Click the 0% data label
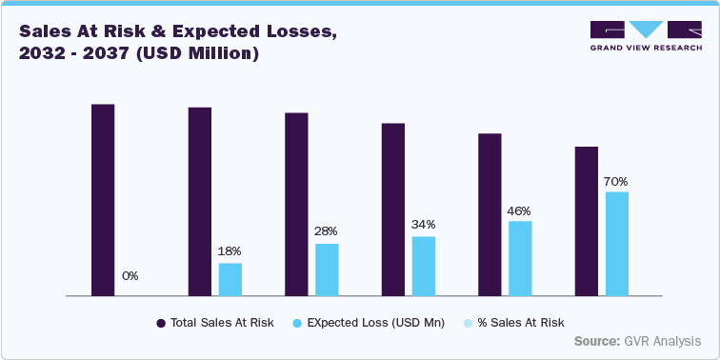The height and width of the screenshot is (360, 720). click(130, 276)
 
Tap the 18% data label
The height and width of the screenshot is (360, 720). click(230, 250)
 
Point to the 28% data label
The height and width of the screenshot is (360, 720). click(327, 230)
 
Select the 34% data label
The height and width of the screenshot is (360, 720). click(424, 224)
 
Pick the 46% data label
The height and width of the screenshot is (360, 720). click(519, 210)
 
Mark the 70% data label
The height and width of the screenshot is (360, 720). click(616, 181)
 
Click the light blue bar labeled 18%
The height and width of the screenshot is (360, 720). click(230, 280)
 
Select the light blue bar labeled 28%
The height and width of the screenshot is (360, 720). click(327, 270)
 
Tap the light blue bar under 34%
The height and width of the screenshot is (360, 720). click(424, 267)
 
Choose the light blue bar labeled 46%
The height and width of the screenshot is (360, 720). click(520, 259)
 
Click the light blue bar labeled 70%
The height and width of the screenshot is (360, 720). click(617, 244)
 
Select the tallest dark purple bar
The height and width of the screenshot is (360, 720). click(103, 200)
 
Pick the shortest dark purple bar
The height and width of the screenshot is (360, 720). click(587, 222)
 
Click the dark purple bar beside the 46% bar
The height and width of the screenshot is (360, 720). click(490, 215)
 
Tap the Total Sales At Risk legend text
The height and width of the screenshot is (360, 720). click(222, 323)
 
